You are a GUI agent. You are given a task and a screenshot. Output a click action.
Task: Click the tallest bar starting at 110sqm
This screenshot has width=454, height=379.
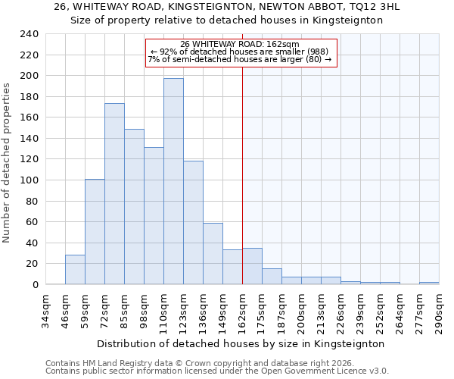(x=173, y=181)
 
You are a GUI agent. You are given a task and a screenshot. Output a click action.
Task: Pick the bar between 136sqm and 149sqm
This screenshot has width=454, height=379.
(x=213, y=254)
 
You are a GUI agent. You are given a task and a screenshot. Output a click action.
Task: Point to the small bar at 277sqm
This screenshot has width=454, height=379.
(x=429, y=283)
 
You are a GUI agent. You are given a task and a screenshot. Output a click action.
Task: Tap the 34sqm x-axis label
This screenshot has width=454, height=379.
(x=45, y=311)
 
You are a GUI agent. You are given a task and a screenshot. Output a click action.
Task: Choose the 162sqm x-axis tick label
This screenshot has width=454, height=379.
(x=242, y=311)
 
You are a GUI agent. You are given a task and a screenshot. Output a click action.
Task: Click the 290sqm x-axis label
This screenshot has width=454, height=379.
(x=439, y=311)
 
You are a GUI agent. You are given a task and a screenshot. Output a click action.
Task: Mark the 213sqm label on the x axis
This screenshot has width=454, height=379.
(x=321, y=311)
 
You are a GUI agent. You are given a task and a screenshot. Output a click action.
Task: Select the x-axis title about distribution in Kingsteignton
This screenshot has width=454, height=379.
(x=241, y=343)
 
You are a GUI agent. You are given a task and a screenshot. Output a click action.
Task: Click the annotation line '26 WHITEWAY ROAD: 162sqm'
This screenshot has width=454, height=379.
(x=240, y=44)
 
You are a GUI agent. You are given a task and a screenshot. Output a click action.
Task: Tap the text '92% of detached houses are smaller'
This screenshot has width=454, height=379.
(x=240, y=52)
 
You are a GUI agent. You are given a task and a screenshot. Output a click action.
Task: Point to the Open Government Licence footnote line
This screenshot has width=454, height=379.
(x=216, y=371)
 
